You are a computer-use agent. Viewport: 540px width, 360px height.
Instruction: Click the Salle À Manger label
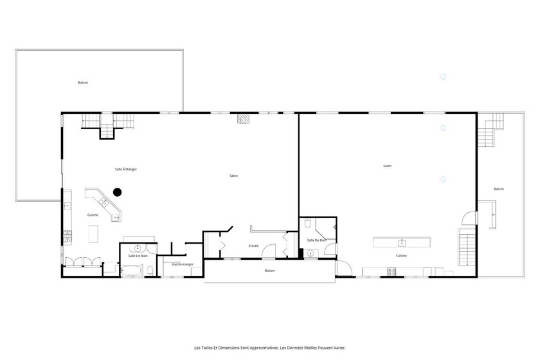[x=126, y=169]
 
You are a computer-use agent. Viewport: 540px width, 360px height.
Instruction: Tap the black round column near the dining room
[x=118, y=192]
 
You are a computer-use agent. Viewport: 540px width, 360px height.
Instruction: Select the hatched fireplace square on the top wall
[x=242, y=118]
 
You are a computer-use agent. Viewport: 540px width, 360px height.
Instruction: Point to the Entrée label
[x=253, y=246]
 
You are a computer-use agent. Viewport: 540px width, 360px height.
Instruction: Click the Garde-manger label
[x=183, y=264]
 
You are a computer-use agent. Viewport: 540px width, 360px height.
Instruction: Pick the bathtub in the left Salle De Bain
[x=132, y=271]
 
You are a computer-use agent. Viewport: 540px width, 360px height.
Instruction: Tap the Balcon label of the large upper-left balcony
[x=83, y=82]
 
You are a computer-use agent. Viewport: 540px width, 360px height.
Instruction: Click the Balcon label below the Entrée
[x=269, y=271]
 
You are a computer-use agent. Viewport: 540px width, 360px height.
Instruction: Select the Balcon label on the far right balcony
[x=499, y=189]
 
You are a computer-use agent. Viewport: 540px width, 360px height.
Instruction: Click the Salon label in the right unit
[x=388, y=166]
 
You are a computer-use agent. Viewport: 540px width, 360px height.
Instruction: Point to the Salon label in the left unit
[x=233, y=175]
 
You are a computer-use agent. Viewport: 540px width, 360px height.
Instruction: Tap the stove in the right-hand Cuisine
[x=392, y=271]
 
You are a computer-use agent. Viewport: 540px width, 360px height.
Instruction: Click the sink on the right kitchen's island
[x=402, y=243]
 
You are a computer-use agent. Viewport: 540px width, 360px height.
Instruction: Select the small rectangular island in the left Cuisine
[x=93, y=233]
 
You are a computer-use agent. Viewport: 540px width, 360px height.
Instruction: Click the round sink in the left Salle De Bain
[x=138, y=248]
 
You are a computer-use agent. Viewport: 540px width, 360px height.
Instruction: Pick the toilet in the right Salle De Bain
[x=308, y=224]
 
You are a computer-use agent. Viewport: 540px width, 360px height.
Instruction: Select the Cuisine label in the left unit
[x=93, y=215]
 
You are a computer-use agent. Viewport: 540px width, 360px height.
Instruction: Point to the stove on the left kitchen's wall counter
[x=67, y=237]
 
